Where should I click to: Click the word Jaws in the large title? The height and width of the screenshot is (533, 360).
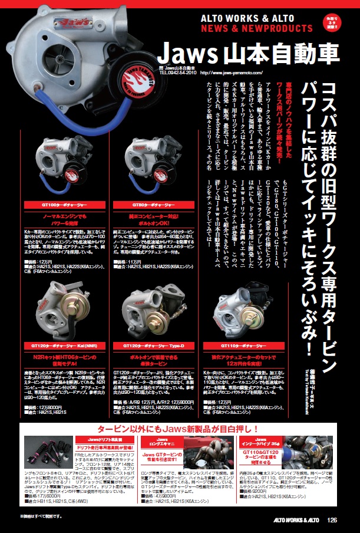187,54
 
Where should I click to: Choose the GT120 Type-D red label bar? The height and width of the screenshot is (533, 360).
152,346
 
